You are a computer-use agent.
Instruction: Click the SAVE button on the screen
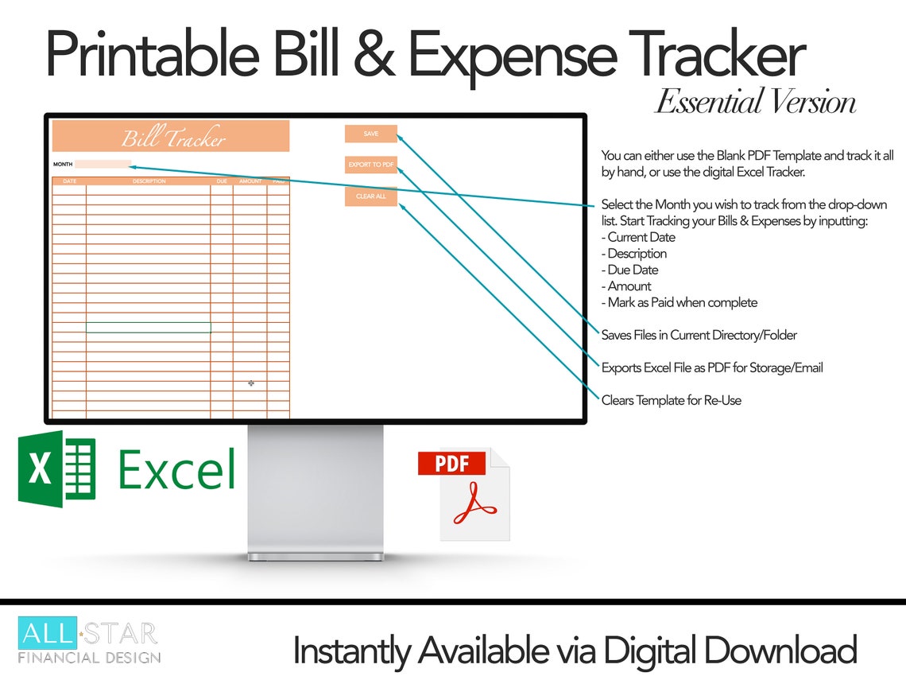(x=370, y=134)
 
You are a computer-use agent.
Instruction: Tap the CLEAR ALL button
(x=370, y=196)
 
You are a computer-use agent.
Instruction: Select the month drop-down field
(x=103, y=165)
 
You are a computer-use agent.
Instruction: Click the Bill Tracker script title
(x=173, y=138)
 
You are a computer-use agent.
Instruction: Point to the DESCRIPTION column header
(x=149, y=181)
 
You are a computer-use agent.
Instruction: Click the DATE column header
(x=69, y=181)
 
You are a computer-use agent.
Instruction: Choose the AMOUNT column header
(x=250, y=181)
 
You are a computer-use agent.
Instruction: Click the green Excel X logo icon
(x=56, y=469)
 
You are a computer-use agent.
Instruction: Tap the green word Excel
(x=176, y=469)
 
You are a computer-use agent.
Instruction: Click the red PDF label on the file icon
(x=452, y=463)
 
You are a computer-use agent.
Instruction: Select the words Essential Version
(x=755, y=103)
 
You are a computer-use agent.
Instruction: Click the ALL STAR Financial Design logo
(x=89, y=642)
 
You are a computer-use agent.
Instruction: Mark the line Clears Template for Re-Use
(x=671, y=400)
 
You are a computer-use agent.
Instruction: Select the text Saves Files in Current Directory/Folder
(x=699, y=335)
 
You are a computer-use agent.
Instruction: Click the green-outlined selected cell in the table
(x=148, y=327)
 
